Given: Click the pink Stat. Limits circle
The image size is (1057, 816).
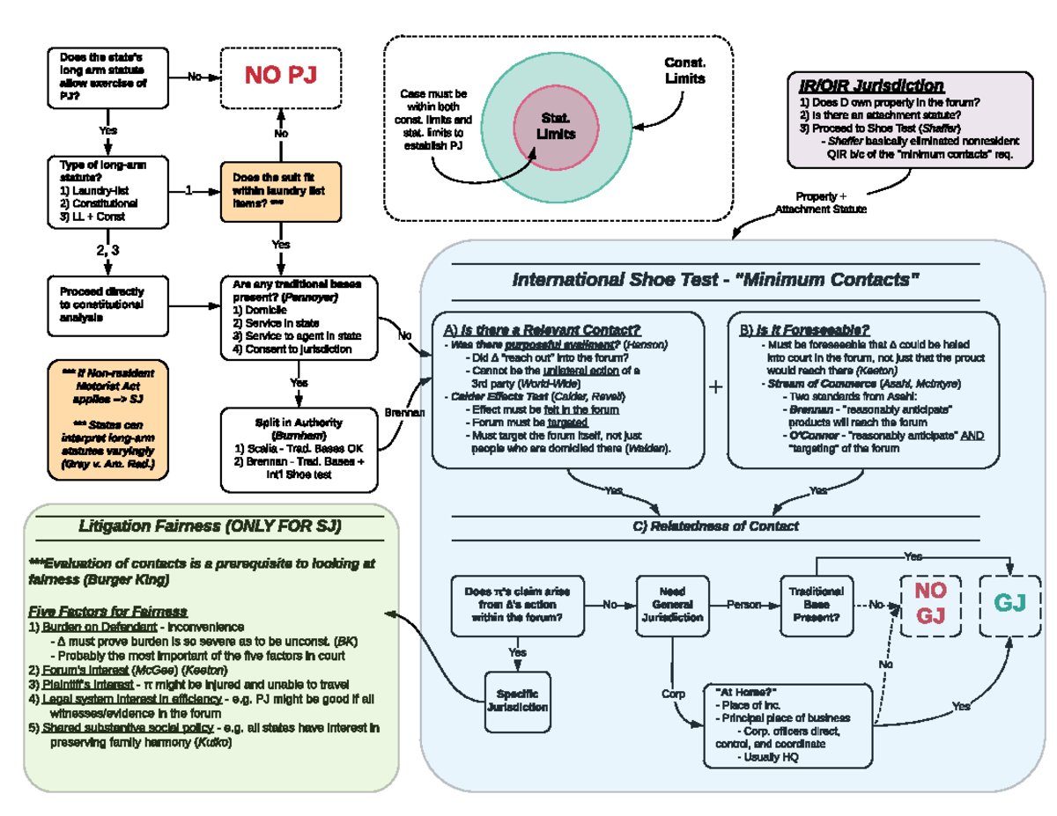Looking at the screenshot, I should pyautogui.click(x=556, y=127).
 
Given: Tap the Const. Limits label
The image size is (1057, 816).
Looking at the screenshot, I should pyautogui.click(x=684, y=70).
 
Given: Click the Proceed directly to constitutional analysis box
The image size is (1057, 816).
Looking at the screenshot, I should pyautogui.click(x=107, y=305).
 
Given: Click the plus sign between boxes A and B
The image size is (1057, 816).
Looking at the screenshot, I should pyautogui.click(x=716, y=387).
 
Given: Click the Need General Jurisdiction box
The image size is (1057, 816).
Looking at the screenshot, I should pyautogui.click(x=671, y=605).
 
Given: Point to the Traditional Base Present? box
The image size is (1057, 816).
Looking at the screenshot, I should pyautogui.click(x=816, y=605).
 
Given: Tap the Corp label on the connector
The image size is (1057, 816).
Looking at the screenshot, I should pyautogui.click(x=672, y=695).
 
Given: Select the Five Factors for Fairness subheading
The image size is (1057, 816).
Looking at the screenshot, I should pyautogui.click(x=107, y=611).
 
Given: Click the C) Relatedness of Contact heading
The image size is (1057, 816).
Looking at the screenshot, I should pyautogui.click(x=715, y=526).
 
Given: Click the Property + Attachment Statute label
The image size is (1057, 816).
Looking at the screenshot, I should pyautogui.click(x=819, y=202).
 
